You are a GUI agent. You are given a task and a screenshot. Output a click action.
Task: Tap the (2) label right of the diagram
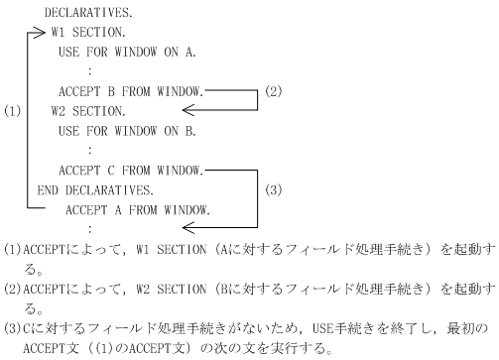pyautogui.click(x=275, y=91)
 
